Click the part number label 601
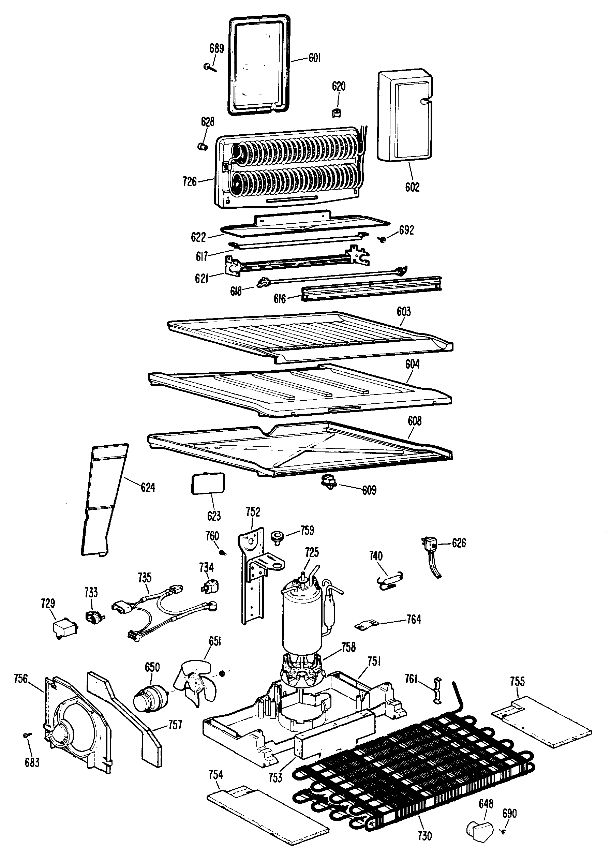314,58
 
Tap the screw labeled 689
208,67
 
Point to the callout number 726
190,182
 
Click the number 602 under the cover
412,187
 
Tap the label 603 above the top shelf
404,312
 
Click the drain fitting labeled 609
328,482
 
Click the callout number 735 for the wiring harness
145,578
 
